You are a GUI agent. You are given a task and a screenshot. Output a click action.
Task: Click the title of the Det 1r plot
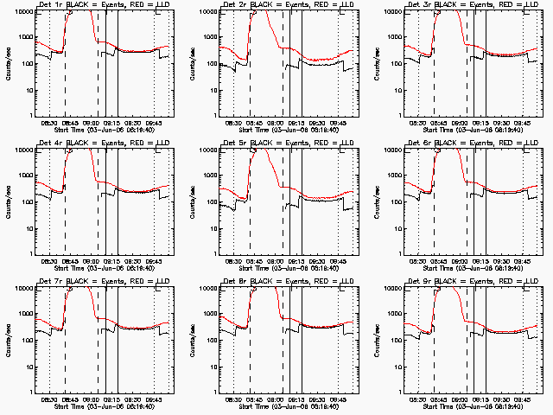[x=103, y=5]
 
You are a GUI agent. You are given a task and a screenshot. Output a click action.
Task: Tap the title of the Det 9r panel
[x=471, y=282]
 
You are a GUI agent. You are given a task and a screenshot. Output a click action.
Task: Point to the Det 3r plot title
[x=471, y=5]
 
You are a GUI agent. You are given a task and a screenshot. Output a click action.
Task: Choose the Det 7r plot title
[x=103, y=282]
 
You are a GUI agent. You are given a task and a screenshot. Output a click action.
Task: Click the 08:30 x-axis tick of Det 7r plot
[x=50, y=400]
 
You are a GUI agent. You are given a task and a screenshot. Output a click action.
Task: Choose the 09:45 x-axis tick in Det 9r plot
[x=521, y=400]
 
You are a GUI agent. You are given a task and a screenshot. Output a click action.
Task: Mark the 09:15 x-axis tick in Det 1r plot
[x=111, y=124]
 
